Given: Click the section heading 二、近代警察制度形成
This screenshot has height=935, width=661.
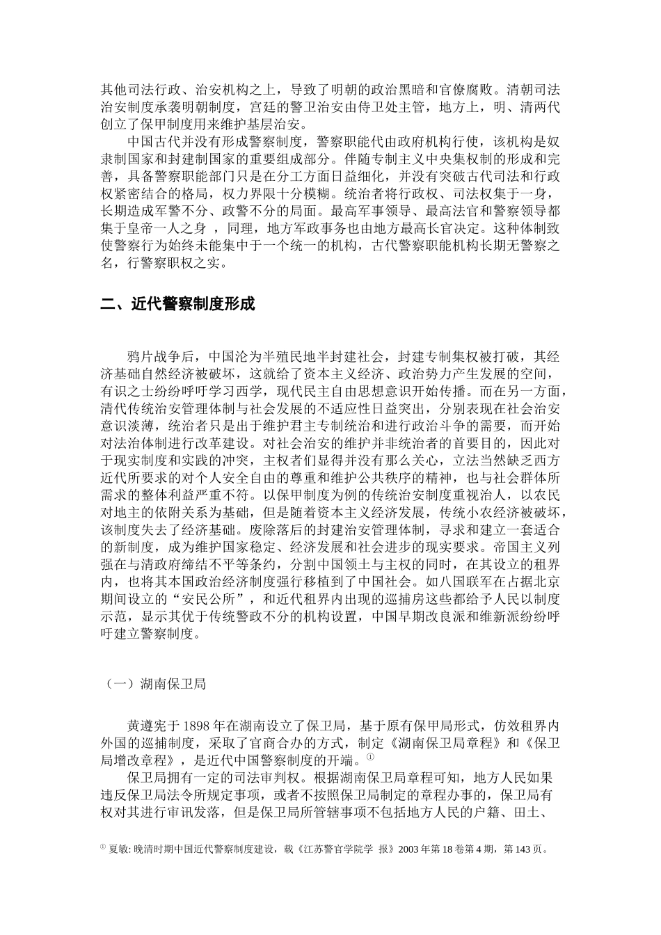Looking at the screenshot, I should click(178, 304).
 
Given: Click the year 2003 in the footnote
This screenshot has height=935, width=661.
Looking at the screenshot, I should click(410, 849).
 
